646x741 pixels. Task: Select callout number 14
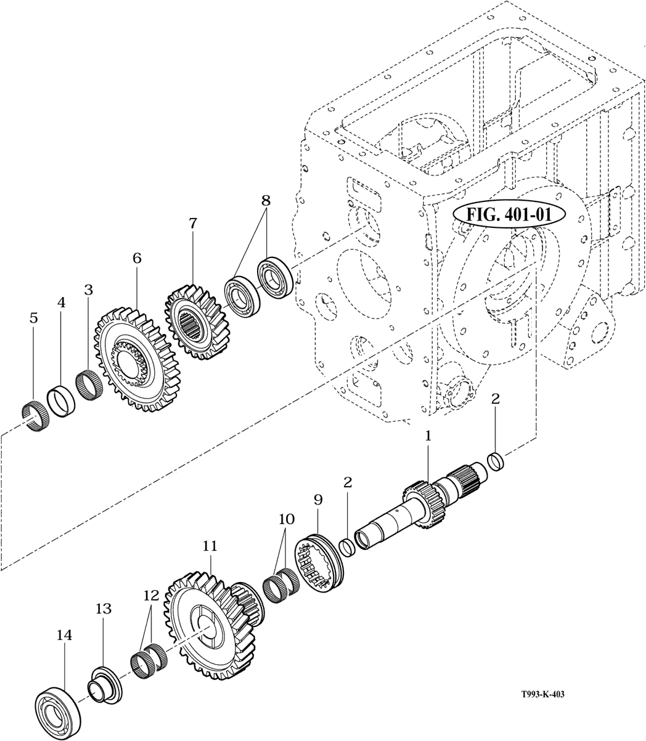(x=64, y=635)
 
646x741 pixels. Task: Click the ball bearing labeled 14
(x=57, y=708)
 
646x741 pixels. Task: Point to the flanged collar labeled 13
(x=105, y=683)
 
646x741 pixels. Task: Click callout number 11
(x=210, y=546)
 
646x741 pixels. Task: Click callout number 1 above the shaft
(x=428, y=436)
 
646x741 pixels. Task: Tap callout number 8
(x=266, y=200)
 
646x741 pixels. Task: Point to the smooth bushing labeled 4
(x=62, y=400)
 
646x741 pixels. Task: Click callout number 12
(x=151, y=595)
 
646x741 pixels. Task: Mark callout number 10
(x=286, y=519)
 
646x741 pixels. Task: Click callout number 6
(x=137, y=258)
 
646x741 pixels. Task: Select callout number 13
(x=104, y=609)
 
